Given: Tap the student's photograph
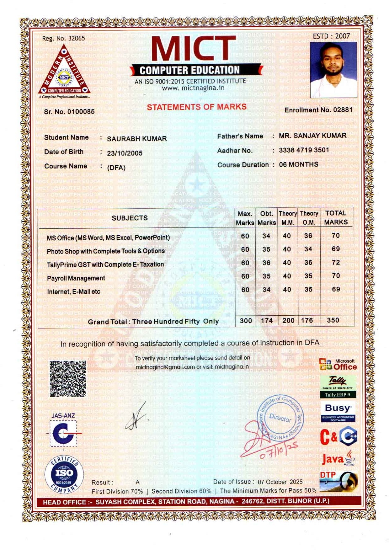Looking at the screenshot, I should [333, 70].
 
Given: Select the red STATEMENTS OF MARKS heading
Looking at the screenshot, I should [197, 107].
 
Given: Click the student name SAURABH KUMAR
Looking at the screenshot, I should [137, 138].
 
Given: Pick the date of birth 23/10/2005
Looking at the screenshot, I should [125, 153].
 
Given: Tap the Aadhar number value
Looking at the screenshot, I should [304, 150].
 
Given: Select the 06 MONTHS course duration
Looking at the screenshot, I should [298, 164].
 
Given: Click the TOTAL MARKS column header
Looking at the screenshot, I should [336, 217].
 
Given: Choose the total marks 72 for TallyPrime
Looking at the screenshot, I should [336, 262].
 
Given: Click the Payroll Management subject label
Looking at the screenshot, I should [76, 278].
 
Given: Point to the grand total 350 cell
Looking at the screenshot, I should [333, 320].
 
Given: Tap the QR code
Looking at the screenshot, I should [68, 378].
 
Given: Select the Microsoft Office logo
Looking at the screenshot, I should [338, 365].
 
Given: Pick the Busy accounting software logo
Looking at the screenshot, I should [338, 411].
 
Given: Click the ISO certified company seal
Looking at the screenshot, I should [64, 474].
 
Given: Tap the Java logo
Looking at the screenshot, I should [338, 459].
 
